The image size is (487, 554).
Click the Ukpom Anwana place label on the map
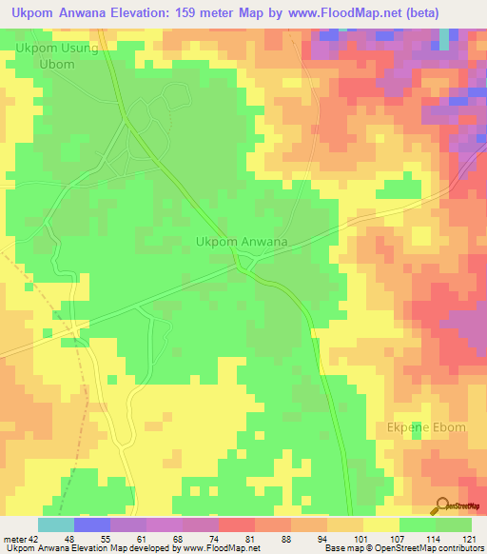coord(242,242)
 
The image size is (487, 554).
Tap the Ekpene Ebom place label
coord(426,427)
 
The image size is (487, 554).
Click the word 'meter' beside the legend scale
coord(13,538)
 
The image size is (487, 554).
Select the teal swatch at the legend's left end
coord(55,524)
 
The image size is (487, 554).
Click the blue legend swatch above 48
coord(91,524)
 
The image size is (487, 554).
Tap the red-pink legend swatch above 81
coord(236,524)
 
